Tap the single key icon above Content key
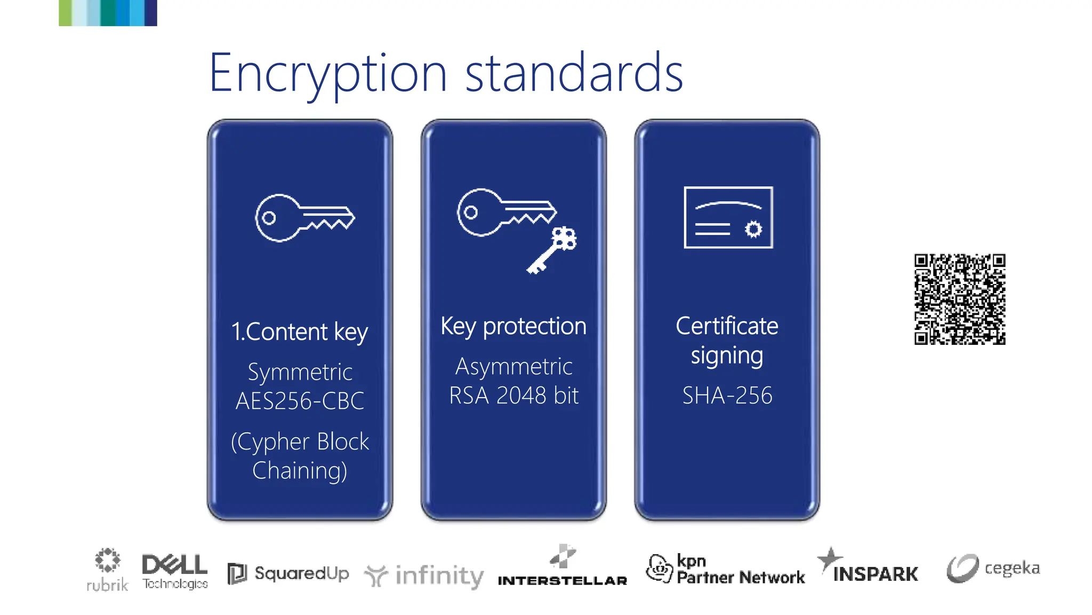[x=304, y=218]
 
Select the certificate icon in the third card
[x=728, y=217]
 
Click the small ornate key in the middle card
[x=552, y=250]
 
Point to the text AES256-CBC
[x=300, y=401]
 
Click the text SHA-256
[x=727, y=396]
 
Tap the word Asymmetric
[x=513, y=367]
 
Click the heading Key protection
[x=513, y=326]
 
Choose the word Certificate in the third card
[x=727, y=326]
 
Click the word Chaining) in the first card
[x=300, y=471]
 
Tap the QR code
[x=960, y=299]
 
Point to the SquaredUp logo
[x=288, y=574]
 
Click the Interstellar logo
[x=563, y=567]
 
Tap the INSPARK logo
[x=868, y=567]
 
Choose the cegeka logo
[x=993, y=568]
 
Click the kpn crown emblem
[x=660, y=568]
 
